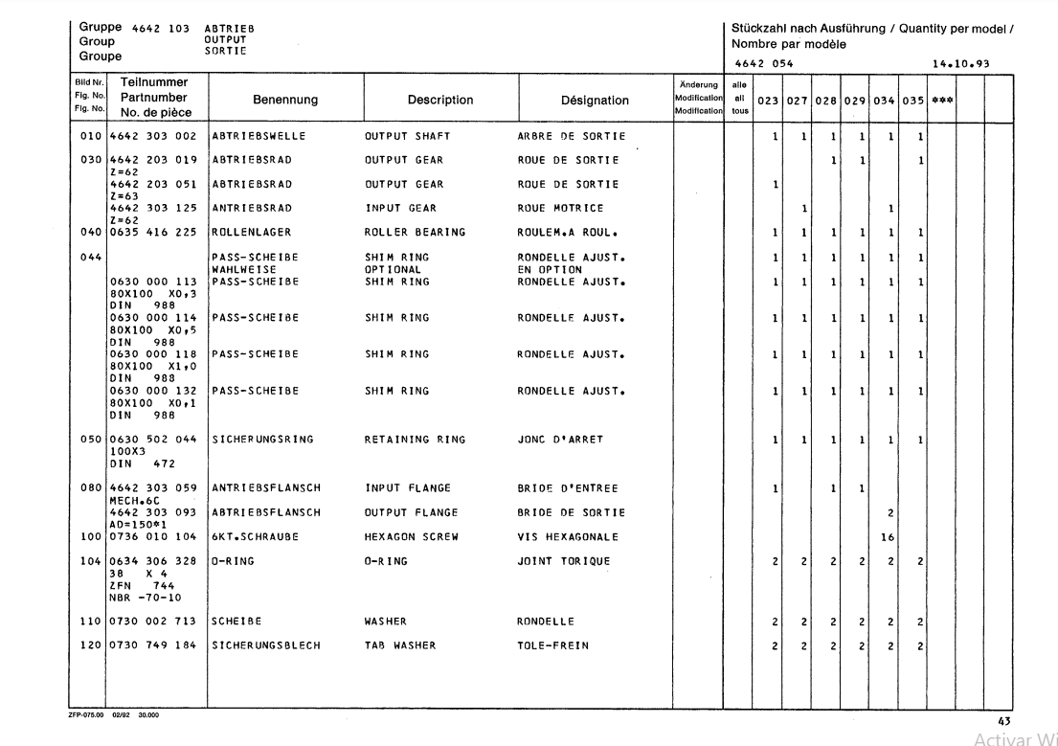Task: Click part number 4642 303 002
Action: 153,136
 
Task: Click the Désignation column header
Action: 595,100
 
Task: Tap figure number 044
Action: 88,257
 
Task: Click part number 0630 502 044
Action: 153,440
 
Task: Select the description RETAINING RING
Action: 415,440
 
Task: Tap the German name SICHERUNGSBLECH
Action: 260,645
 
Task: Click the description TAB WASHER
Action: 400,645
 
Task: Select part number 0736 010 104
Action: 153,537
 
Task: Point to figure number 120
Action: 88,645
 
